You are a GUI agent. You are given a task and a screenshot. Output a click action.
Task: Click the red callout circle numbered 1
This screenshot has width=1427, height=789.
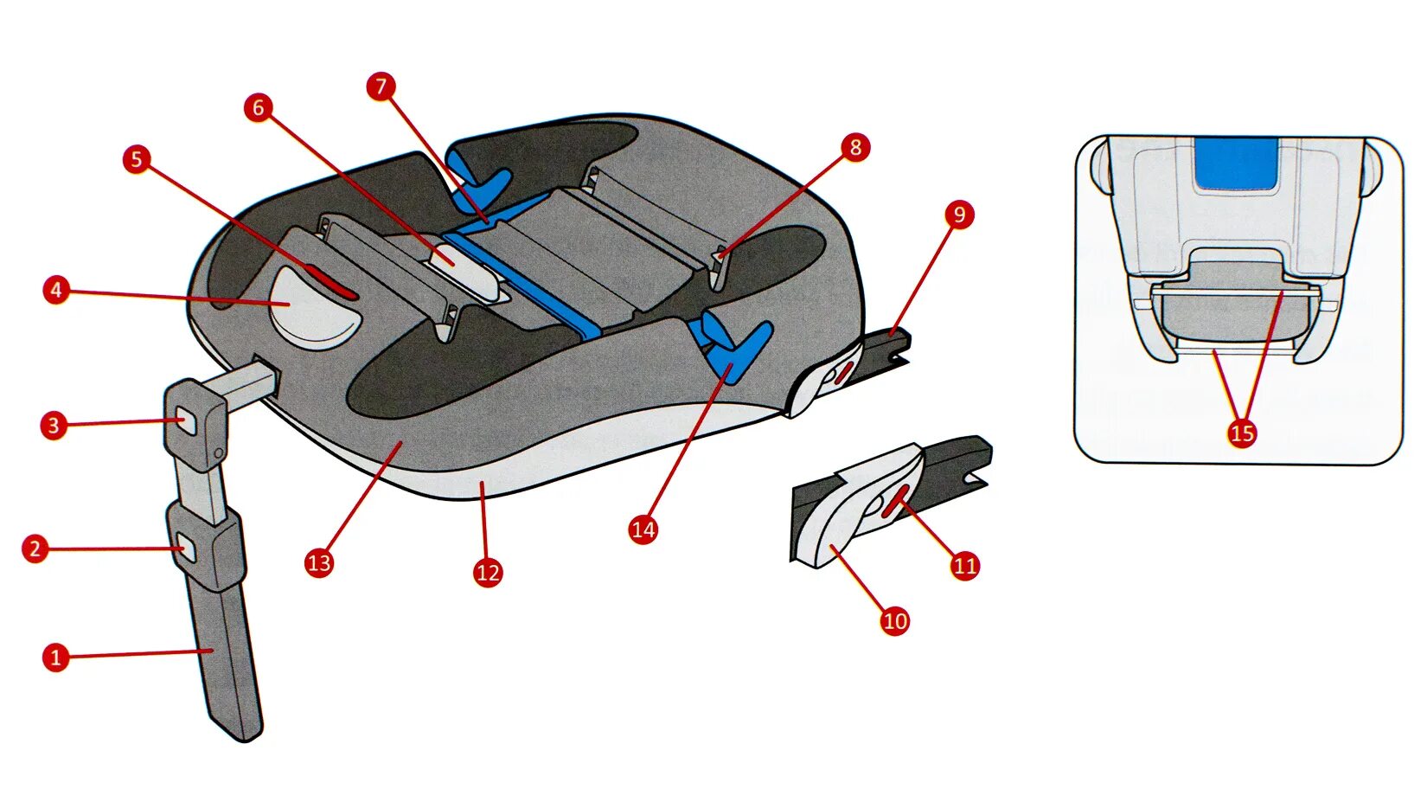55,657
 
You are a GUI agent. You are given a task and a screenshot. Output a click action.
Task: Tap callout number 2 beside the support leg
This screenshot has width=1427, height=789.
35,548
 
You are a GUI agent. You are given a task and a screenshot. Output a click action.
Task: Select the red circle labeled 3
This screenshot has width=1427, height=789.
54,425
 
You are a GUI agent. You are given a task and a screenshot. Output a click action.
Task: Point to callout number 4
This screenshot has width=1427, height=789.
56,290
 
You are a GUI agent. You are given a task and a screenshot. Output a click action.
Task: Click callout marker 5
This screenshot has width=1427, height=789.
136,159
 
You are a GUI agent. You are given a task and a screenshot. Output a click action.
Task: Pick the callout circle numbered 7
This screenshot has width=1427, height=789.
381,87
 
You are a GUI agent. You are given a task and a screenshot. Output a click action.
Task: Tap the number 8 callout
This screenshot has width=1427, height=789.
855,147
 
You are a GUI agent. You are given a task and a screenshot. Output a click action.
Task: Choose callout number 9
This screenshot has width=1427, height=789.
959,215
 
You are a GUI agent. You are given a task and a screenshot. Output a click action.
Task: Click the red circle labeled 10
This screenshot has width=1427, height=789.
895,620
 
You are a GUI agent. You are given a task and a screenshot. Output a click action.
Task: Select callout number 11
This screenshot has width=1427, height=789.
964,566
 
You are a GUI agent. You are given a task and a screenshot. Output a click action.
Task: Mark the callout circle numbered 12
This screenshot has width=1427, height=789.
488,572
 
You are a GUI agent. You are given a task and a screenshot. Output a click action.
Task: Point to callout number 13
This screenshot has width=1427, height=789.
319,563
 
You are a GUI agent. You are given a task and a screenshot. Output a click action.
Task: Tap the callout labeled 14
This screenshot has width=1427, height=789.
643,529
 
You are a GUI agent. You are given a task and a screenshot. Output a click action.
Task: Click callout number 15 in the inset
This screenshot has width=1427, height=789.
1242,433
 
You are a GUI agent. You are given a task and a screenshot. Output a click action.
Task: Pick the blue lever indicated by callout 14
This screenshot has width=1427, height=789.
735,346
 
